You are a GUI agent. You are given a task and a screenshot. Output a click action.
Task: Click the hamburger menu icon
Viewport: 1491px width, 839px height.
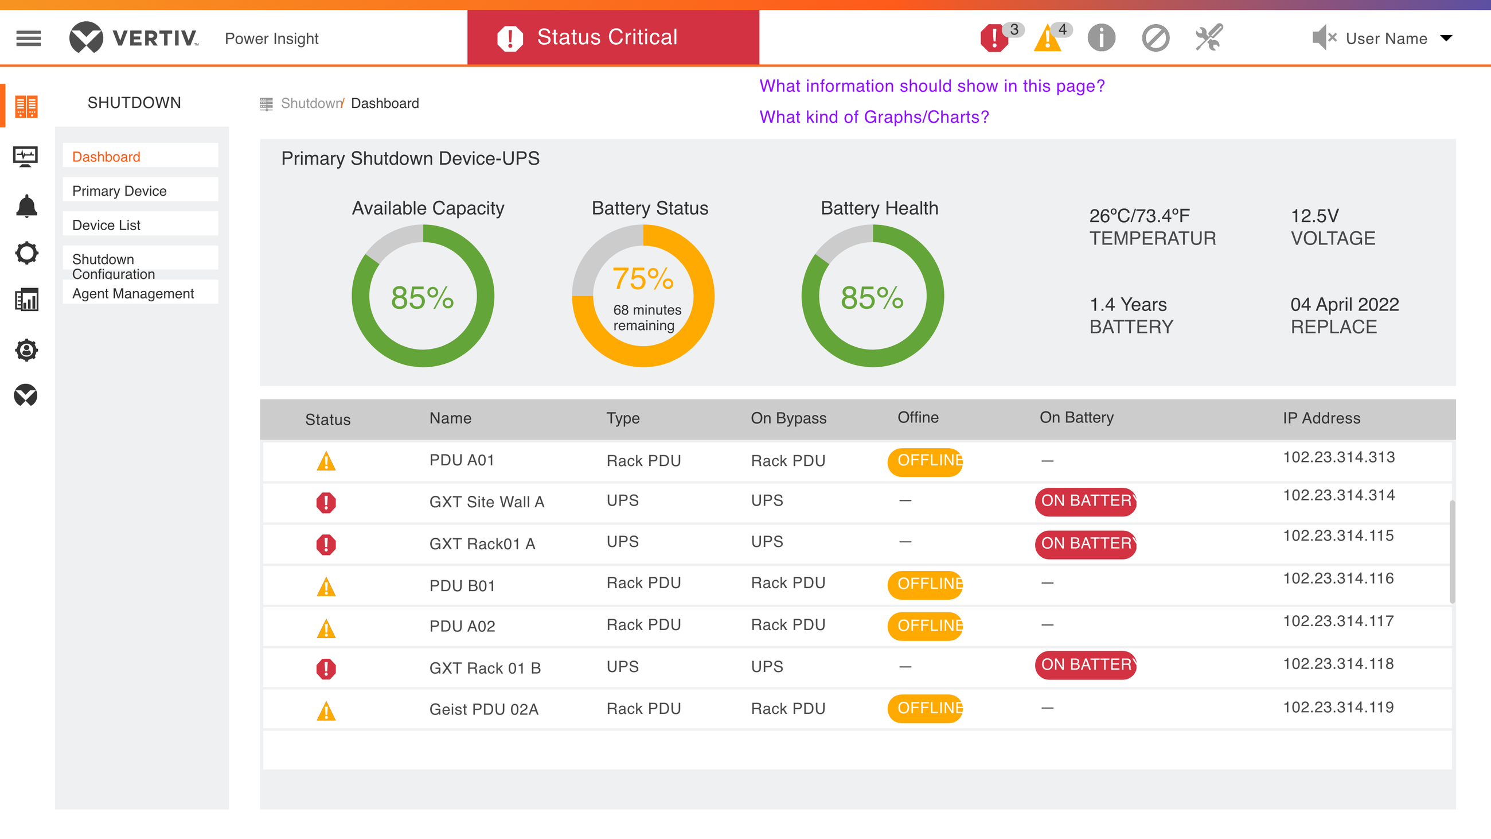(x=28, y=38)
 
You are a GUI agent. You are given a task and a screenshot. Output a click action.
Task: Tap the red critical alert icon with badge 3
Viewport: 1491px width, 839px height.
(x=994, y=39)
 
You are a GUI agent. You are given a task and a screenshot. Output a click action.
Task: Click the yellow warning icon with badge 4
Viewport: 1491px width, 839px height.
(x=1048, y=39)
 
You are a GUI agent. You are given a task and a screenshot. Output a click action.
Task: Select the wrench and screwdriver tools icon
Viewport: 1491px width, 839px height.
(x=1209, y=38)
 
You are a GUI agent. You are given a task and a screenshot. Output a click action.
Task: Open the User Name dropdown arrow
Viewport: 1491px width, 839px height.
(x=1446, y=38)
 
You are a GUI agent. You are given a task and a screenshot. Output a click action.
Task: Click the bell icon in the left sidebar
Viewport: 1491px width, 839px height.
(x=26, y=206)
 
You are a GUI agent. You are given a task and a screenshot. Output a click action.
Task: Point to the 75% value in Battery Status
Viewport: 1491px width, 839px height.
(x=643, y=279)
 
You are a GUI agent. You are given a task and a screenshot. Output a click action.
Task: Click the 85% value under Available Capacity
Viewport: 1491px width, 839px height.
(x=423, y=298)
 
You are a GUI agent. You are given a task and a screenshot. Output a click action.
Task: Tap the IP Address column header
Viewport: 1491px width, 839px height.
(x=1321, y=418)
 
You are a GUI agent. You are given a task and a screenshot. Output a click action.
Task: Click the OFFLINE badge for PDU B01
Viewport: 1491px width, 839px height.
(x=925, y=584)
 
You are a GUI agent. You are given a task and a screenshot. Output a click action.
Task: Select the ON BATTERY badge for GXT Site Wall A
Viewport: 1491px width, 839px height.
(x=1086, y=501)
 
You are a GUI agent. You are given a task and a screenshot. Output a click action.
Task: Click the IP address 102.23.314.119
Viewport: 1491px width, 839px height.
(x=1338, y=707)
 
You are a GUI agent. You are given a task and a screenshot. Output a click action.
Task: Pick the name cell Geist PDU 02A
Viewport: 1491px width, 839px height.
(x=484, y=709)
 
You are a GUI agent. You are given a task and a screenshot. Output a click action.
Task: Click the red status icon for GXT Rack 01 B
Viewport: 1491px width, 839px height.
(x=326, y=669)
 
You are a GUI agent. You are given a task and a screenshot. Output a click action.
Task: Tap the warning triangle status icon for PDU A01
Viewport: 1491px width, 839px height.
(x=326, y=461)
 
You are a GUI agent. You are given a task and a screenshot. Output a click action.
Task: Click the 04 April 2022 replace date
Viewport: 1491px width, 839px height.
(x=1345, y=305)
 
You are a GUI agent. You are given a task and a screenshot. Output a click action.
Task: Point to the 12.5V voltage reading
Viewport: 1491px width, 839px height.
(x=1314, y=216)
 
